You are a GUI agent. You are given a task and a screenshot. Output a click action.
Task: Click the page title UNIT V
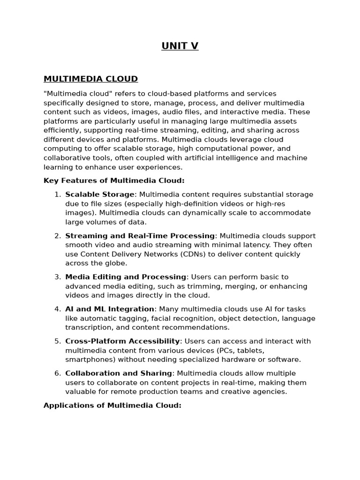[x=180, y=46]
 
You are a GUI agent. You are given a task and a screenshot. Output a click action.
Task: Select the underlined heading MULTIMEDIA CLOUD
[x=90, y=79]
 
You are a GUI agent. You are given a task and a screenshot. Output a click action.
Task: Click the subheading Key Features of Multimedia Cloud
[x=114, y=180]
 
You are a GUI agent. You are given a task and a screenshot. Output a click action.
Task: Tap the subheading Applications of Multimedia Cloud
[x=112, y=405]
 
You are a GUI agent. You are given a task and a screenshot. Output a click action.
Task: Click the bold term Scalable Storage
[x=100, y=195]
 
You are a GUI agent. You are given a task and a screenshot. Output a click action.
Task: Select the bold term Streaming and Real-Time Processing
[x=140, y=236]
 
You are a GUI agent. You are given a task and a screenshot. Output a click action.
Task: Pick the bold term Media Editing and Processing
[x=126, y=277]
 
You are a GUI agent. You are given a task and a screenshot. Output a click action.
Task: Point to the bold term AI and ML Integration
[x=110, y=309]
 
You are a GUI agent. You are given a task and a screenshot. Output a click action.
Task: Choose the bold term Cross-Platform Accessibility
[x=122, y=341]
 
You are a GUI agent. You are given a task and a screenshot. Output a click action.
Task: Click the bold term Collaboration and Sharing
[x=119, y=374]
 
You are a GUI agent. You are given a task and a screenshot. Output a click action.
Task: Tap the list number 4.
[x=57, y=309]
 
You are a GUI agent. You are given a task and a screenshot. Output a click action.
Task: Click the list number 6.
[x=57, y=374]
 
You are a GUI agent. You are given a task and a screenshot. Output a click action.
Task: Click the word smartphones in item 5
[x=88, y=360]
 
